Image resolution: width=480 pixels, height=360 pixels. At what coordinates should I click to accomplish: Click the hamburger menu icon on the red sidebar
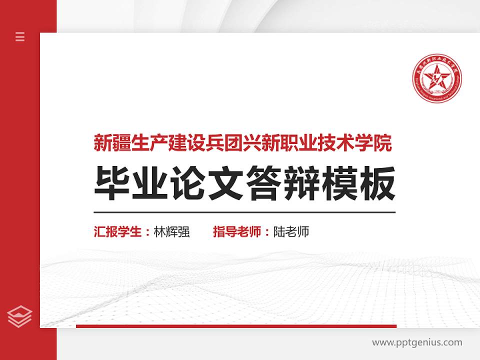pyautogui.click(x=20, y=36)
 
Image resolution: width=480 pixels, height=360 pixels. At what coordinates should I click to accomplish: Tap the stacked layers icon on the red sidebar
pyautogui.click(x=20, y=316)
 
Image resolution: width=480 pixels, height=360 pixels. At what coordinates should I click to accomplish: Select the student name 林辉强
pyautogui.click(x=172, y=232)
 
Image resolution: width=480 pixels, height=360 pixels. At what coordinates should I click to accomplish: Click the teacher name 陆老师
pyautogui.click(x=291, y=232)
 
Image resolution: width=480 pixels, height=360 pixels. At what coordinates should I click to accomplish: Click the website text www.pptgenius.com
pyautogui.click(x=417, y=342)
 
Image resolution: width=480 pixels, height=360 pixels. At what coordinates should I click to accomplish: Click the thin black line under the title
pyautogui.click(x=244, y=212)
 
